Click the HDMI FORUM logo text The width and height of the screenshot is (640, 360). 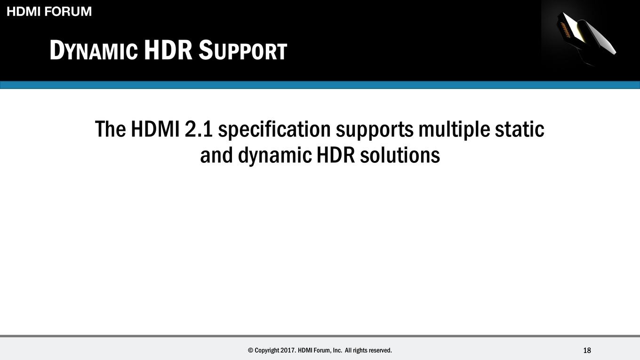coord(49,12)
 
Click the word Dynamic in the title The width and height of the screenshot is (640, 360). coord(94,50)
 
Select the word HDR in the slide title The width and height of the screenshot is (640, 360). coord(168,50)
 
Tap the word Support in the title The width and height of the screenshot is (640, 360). coord(243,50)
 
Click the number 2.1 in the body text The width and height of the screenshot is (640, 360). coord(199,129)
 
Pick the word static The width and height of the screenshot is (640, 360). coord(520,129)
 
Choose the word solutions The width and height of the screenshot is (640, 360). coord(400,155)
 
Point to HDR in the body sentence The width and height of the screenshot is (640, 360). coord(336,155)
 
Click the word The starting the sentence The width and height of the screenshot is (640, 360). coord(110,129)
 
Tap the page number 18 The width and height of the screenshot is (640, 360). coord(587,351)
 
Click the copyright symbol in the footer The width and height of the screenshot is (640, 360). coord(250,350)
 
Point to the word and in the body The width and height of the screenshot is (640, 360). coord(216,155)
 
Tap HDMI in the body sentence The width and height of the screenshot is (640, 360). coord(155,129)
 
